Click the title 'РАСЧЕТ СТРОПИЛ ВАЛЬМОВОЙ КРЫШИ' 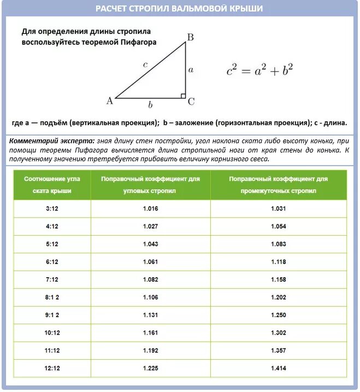(x=179, y=9)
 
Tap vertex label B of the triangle (x=190, y=38)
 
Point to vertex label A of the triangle (x=109, y=101)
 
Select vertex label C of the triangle (x=191, y=102)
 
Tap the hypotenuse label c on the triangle (x=145, y=65)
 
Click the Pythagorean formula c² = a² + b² (x=260, y=70)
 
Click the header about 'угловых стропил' (x=150, y=185)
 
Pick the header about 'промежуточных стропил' (x=278, y=185)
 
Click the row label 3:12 (x=52, y=209)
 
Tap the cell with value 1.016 (x=150, y=209)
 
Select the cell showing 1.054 (x=278, y=226)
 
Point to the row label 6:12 (x=52, y=262)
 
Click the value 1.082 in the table (x=150, y=279)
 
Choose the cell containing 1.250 (x=278, y=315)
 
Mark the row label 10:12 (x=52, y=332)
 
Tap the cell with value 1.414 (x=278, y=368)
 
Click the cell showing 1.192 (x=150, y=350)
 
